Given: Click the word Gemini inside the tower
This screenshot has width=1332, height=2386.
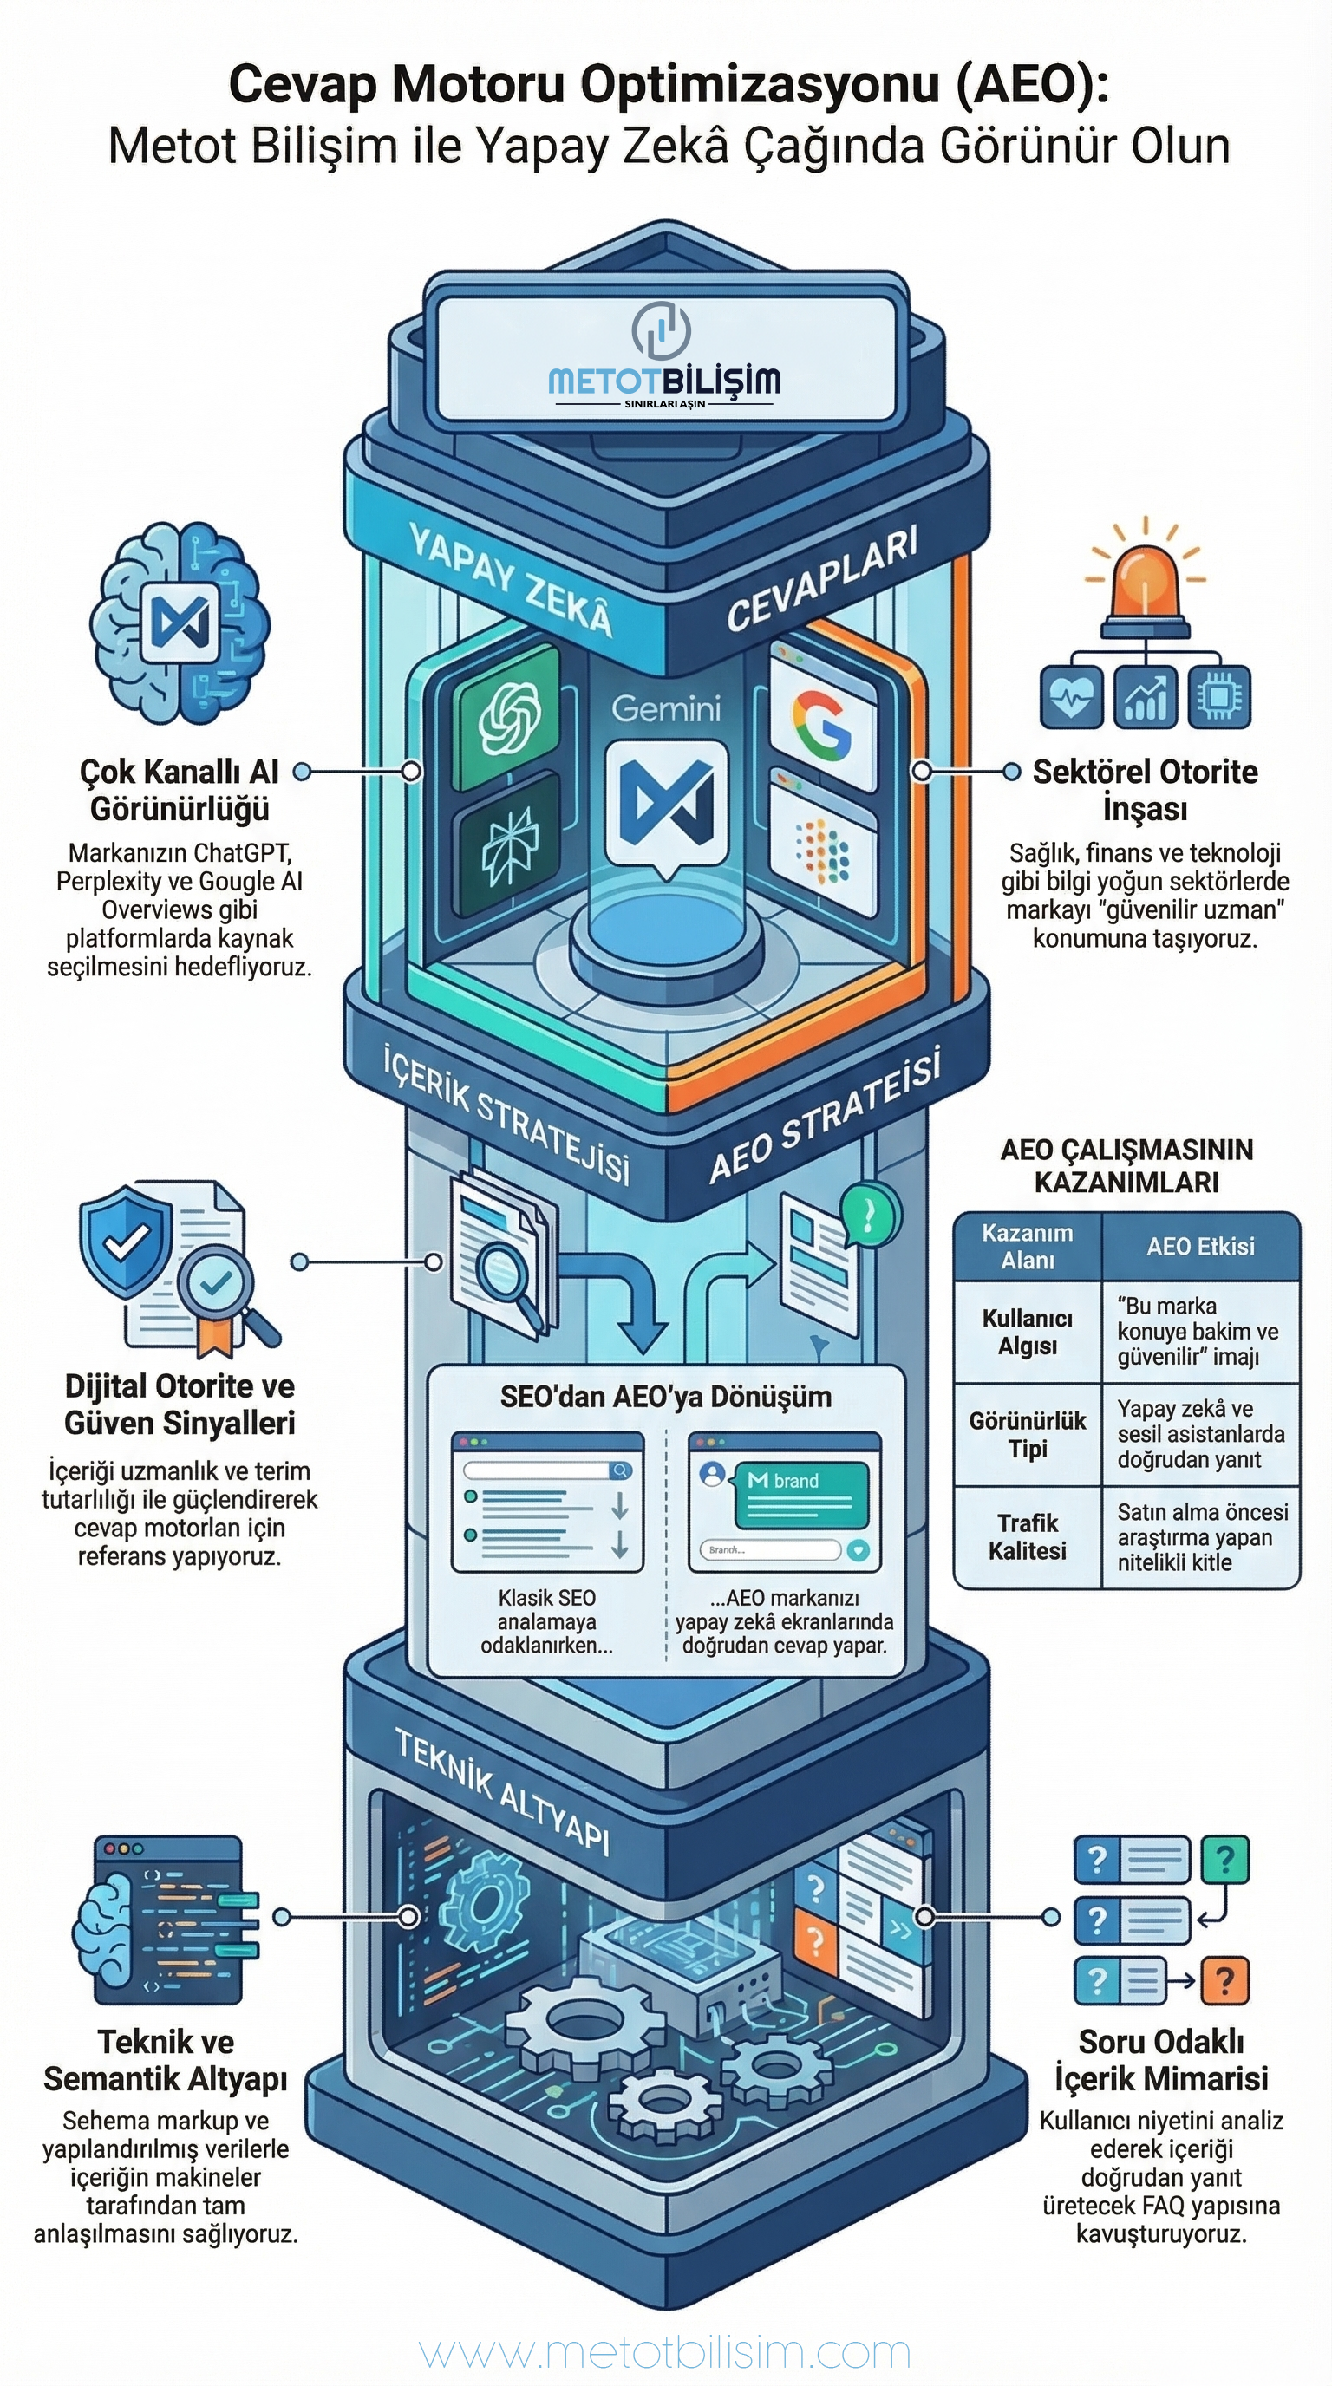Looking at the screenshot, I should [x=665, y=709].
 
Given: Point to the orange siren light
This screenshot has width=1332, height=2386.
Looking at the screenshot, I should [x=1145, y=584].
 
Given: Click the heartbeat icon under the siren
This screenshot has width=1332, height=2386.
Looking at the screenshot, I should [x=1072, y=696].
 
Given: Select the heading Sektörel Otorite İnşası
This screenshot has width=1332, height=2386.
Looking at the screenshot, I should [x=1145, y=789].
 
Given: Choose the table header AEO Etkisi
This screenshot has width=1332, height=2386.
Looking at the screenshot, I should [x=1199, y=1247].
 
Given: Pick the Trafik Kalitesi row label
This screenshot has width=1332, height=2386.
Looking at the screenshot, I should [x=1028, y=1536].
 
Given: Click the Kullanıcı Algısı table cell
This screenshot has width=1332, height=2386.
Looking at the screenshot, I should [x=1028, y=1332].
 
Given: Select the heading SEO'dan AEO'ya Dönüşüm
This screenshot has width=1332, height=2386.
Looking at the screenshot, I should [x=665, y=1397].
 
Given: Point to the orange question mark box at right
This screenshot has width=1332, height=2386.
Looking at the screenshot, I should [x=1224, y=1981].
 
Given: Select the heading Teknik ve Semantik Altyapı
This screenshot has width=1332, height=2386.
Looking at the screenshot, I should [x=166, y=2060].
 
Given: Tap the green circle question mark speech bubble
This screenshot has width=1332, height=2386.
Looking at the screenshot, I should [x=869, y=1215].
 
